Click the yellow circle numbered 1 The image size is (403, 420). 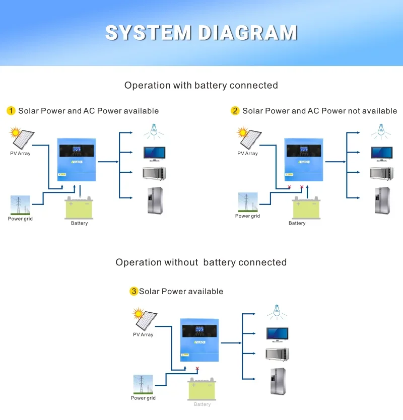tap(11, 111)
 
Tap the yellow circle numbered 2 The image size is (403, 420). tap(235, 111)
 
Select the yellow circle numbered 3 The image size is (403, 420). tap(133, 291)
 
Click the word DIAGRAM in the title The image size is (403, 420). tap(247, 33)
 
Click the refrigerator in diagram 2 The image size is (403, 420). tap(382, 200)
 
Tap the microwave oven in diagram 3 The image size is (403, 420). tap(277, 354)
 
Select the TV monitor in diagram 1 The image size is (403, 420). tap(154, 153)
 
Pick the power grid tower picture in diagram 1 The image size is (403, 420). tap(20, 205)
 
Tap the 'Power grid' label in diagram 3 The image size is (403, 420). tap(143, 398)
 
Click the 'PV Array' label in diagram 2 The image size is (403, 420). tap(247, 154)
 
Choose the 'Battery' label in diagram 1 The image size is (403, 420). tap(79, 223)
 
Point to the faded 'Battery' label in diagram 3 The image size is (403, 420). tap(202, 404)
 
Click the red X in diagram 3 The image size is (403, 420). tap(197, 369)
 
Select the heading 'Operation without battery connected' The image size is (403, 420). tap(201, 262)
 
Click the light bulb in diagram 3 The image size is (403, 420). tap(276, 311)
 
